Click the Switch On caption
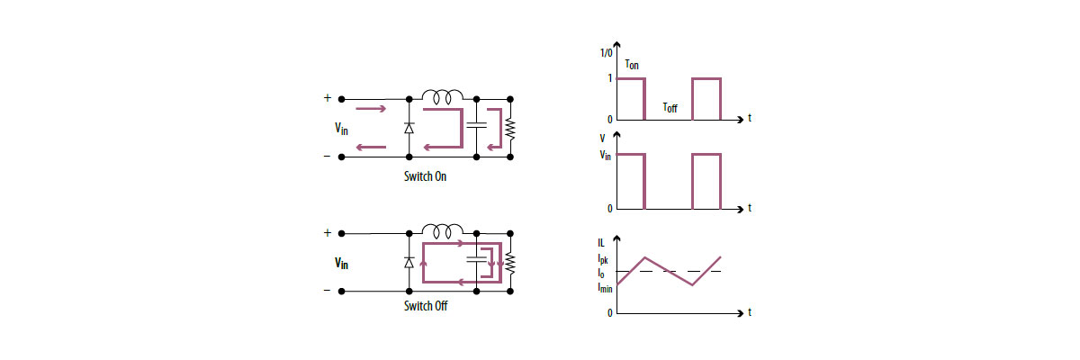pyautogui.click(x=425, y=176)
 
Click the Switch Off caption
pyautogui.click(x=425, y=306)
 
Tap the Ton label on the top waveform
pyautogui.click(x=633, y=66)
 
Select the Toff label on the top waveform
pyautogui.click(x=670, y=107)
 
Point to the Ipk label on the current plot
pyautogui.click(x=602, y=259)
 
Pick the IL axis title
pyautogui.click(x=601, y=243)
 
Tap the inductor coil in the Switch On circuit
pyautogui.click(x=443, y=94)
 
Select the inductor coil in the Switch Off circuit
pyautogui.click(x=443, y=229)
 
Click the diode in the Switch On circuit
pyautogui.click(x=409, y=128)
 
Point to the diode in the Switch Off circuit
pyautogui.click(x=409, y=262)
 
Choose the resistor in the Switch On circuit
pyautogui.click(x=510, y=128)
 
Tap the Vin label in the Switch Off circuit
pyautogui.click(x=341, y=263)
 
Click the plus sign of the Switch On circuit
pyautogui.click(x=327, y=98)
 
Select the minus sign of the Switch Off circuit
pyautogui.click(x=327, y=291)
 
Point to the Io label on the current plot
pyautogui.click(x=602, y=272)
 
